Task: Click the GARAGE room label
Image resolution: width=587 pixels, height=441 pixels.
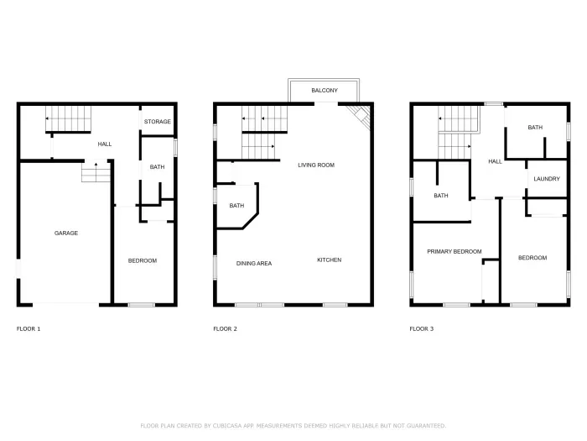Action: (66, 233)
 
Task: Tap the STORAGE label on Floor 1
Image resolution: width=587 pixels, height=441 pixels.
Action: (157, 122)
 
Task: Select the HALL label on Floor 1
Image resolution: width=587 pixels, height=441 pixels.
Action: (105, 144)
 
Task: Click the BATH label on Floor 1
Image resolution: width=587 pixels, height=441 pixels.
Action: (157, 167)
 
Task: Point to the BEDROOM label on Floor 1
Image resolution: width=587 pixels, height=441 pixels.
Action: (142, 260)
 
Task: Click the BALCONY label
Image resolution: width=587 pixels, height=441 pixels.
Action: (325, 90)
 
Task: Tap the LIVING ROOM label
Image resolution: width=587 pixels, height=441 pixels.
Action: (316, 165)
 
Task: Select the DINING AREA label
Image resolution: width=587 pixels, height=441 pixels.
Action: (253, 263)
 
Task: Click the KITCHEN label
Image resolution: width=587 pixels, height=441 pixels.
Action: (329, 260)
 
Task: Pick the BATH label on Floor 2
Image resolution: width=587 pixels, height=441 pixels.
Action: (236, 206)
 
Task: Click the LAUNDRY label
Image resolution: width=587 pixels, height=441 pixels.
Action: (546, 179)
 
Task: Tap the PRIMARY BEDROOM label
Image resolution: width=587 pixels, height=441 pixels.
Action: (454, 251)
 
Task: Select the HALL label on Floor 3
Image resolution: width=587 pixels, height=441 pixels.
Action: (495, 161)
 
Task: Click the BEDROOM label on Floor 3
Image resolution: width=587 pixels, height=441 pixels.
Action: (532, 258)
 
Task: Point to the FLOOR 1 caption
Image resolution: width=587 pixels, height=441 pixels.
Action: (29, 328)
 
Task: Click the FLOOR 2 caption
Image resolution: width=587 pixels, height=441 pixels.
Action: (225, 328)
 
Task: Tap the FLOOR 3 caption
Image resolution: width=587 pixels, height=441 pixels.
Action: (421, 328)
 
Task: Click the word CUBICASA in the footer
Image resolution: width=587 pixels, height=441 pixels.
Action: (223, 425)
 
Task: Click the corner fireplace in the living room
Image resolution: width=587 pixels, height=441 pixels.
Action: (361, 118)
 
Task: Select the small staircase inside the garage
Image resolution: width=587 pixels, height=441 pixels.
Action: (96, 173)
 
